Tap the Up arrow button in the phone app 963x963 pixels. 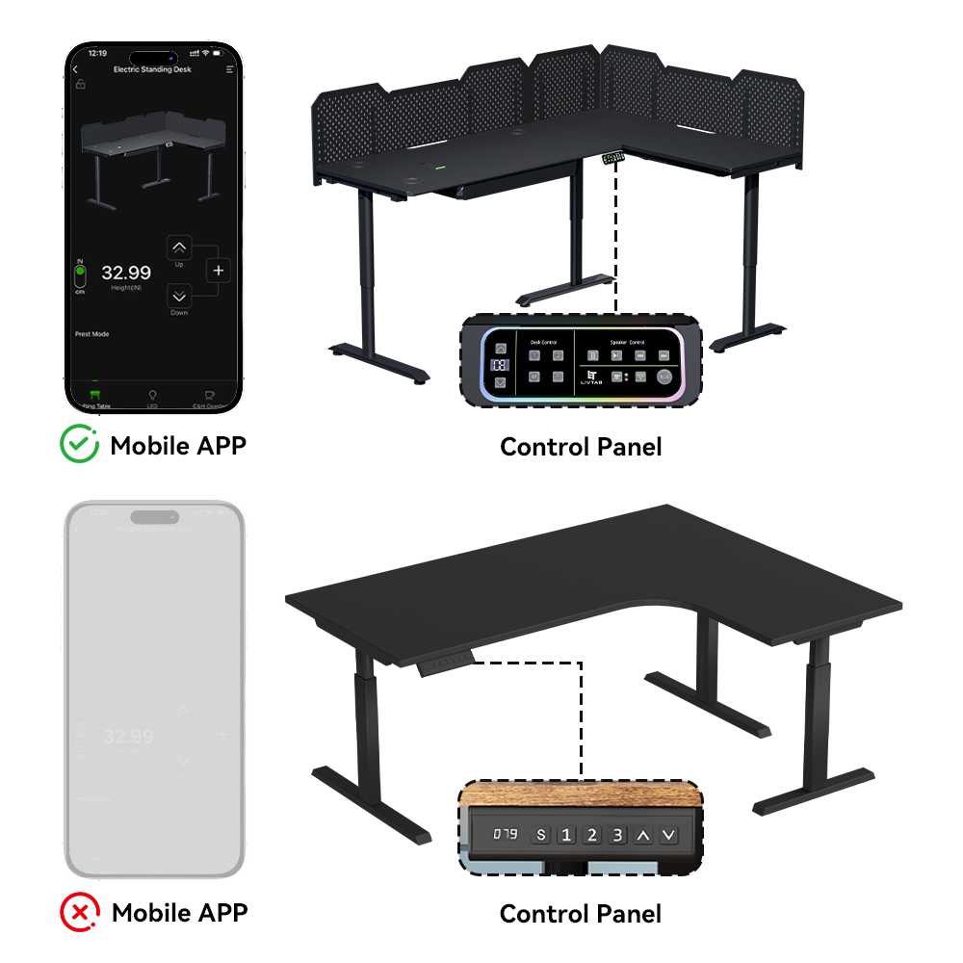point(180,248)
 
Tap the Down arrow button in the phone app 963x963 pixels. point(180,297)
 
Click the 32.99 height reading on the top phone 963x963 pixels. point(126,273)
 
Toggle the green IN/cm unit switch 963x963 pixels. point(80,275)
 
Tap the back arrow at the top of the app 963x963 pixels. point(76,70)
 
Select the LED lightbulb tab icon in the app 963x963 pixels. point(152,395)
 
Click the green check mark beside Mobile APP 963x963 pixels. point(79,445)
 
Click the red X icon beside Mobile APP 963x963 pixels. point(79,911)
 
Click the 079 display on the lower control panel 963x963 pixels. point(506,834)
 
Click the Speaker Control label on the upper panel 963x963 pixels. point(627,341)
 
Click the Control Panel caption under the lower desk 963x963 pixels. point(581,913)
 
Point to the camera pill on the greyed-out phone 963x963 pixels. point(154,516)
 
